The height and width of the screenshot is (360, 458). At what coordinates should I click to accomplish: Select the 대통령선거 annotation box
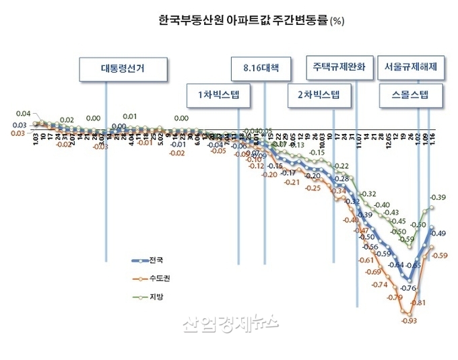(123, 68)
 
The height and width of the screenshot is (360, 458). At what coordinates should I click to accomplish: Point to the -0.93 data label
(409, 320)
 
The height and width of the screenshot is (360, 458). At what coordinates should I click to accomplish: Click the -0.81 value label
(418, 303)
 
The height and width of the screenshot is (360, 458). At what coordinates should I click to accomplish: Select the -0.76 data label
(408, 288)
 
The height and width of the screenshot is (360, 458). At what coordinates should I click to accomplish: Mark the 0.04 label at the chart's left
(24, 114)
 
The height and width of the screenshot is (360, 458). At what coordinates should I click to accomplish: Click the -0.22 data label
(341, 166)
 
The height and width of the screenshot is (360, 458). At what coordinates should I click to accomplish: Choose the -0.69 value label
(372, 272)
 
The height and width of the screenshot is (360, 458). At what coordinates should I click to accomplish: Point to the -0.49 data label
(439, 233)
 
